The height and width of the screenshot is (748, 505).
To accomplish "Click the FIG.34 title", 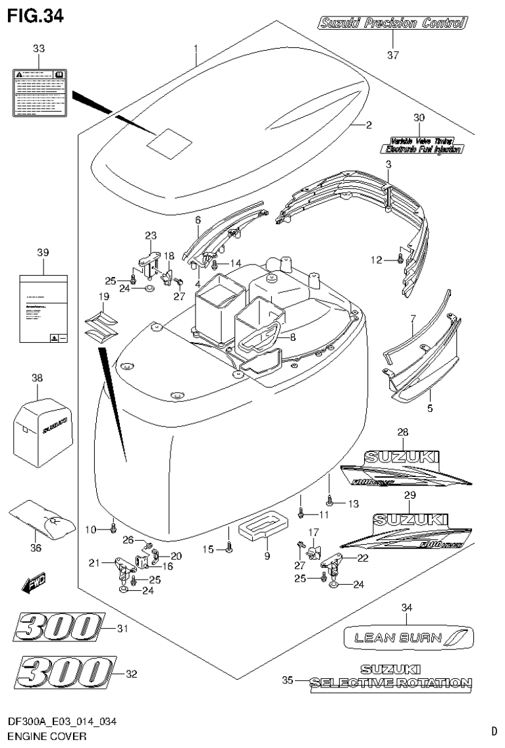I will click(x=36, y=15).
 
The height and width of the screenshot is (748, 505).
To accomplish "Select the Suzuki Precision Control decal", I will click(x=392, y=24).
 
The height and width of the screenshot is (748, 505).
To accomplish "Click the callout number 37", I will click(x=393, y=55).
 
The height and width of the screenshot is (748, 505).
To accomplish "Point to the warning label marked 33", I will click(x=40, y=92).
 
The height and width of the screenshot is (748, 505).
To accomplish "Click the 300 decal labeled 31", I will click(x=59, y=629).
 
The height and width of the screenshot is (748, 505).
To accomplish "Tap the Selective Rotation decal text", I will click(x=391, y=684).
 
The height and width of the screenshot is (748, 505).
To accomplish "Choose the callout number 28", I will click(x=403, y=432).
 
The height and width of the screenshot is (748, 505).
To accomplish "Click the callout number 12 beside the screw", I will click(x=375, y=261).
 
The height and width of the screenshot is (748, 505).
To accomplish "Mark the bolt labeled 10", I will click(x=113, y=525).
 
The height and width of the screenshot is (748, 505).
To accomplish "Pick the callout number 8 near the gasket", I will click(x=293, y=336).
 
